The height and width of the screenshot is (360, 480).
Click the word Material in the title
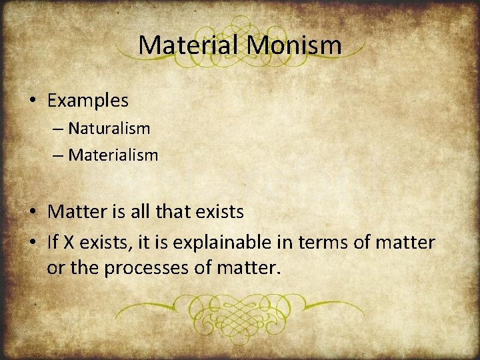tap(189, 45)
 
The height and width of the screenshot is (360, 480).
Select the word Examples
tap(87, 101)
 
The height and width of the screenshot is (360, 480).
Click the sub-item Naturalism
tap(109, 127)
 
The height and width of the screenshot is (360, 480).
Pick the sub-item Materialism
tap(113, 155)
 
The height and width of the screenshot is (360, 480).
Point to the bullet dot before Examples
tap(33, 101)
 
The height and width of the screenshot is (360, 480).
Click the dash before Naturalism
tap(57, 128)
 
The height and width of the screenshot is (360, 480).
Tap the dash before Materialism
tap(57, 156)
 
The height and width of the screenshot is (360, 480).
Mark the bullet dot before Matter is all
tap(33, 213)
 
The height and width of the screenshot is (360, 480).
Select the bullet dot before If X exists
tap(33, 243)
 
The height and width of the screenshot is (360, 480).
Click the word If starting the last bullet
tap(53, 243)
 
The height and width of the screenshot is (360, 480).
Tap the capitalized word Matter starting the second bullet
tap(73, 213)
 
